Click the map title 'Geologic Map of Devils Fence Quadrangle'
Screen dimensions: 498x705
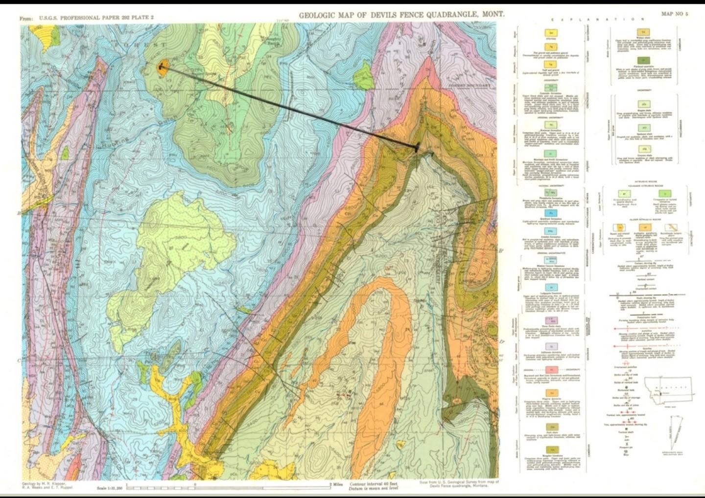pos(401,14)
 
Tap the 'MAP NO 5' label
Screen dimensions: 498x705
pos(674,14)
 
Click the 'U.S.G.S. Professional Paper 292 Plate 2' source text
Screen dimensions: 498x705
pos(86,18)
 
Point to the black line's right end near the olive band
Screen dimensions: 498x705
pos(417,147)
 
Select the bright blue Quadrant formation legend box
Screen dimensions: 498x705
pos(551,213)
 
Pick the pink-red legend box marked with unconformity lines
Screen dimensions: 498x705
pos(551,369)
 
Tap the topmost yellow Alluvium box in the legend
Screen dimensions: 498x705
pos(551,32)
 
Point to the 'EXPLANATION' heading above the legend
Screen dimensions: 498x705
pos(598,19)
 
